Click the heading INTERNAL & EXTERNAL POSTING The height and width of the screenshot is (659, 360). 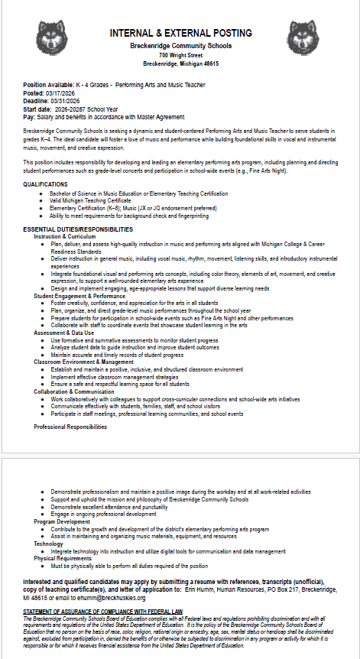(x=180, y=33)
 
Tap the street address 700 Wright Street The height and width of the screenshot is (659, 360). (x=180, y=55)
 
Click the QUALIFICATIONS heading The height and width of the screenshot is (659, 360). (x=45, y=184)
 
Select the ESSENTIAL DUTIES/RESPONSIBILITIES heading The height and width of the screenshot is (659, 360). (x=78, y=229)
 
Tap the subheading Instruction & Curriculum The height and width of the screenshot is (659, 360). (x=66, y=236)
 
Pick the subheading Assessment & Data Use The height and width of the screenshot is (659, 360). (x=65, y=333)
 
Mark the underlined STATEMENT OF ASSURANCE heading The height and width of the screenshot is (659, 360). (x=102, y=612)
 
